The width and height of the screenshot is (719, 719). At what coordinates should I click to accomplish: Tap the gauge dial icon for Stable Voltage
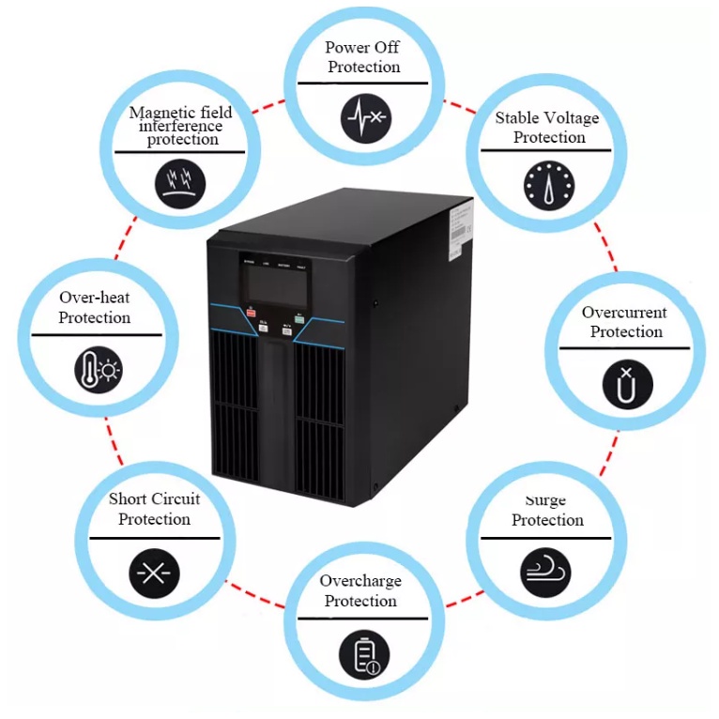[x=548, y=184]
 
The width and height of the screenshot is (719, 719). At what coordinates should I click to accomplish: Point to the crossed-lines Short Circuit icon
[x=153, y=573]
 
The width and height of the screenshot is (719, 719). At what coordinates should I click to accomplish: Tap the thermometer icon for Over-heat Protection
[x=99, y=370]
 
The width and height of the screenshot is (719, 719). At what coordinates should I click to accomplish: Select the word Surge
[x=546, y=500]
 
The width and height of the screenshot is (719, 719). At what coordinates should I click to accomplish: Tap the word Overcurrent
[x=624, y=313]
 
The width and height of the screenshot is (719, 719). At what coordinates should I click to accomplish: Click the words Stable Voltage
[x=547, y=118]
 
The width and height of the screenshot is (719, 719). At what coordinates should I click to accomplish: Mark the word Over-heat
[x=94, y=298]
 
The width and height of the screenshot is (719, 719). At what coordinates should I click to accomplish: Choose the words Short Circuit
[x=154, y=498]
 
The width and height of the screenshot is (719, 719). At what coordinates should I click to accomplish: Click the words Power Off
[x=362, y=47]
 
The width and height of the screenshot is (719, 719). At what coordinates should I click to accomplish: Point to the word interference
[x=182, y=126]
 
